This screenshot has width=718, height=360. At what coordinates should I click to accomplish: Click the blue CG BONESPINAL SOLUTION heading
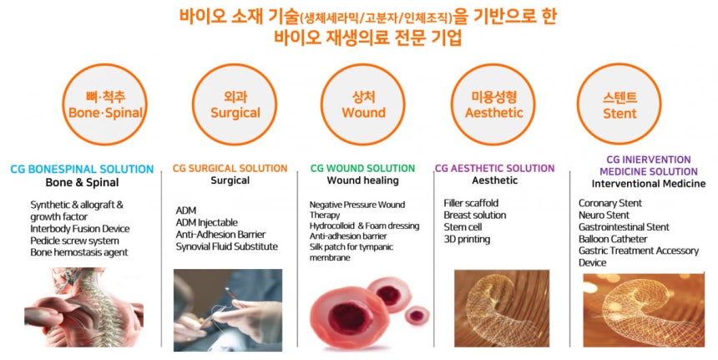click(x=82, y=169)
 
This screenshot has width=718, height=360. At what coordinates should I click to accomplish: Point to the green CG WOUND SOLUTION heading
click(x=362, y=168)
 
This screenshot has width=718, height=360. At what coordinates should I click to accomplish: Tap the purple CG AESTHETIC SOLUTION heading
click(x=494, y=168)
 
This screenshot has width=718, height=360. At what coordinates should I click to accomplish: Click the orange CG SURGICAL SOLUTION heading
click(x=230, y=168)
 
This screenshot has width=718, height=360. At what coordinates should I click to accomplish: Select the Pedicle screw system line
click(x=74, y=241)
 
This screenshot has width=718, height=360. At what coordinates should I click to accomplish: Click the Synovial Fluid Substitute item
click(x=226, y=246)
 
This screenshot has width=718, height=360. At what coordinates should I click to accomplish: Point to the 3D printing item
click(x=467, y=239)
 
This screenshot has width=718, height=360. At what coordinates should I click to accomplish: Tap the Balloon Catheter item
click(x=613, y=239)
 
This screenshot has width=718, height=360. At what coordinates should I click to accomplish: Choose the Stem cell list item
click(x=463, y=227)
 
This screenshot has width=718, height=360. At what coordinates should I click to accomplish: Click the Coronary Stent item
click(x=610, y=203)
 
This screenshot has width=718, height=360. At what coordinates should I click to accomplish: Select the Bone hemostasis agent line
click(x=79, y=253)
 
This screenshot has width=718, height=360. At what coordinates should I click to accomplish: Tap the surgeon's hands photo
click(x=228, y=310)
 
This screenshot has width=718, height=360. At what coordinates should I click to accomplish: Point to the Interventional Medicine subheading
click(x=649, y=184)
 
